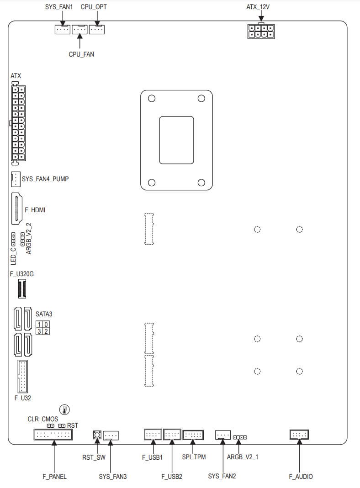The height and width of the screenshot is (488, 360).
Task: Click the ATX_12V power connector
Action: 261,31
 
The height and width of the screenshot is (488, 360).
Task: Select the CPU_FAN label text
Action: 81,54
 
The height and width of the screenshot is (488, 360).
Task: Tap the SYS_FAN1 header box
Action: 62,29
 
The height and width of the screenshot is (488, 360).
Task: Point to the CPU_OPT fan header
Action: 97,29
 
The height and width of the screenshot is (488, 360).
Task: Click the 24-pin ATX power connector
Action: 18,123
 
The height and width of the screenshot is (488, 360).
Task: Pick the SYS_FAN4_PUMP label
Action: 45,179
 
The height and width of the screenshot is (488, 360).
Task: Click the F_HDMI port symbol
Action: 17,209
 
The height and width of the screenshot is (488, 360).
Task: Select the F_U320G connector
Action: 22,289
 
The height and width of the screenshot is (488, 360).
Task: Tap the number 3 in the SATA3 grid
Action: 39,331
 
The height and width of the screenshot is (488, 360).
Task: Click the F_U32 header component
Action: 22,376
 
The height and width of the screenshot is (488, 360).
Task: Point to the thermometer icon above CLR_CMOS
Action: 64,409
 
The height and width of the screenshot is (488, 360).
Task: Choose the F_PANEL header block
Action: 53,435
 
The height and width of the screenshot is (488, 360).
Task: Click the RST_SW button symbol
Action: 97,435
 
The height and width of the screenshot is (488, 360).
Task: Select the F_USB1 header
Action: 153,434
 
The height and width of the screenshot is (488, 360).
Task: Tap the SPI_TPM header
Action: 193,435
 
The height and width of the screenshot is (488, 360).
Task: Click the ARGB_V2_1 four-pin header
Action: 240,437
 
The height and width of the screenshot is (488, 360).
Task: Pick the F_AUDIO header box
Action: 299,435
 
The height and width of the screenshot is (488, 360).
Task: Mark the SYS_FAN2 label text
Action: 222,476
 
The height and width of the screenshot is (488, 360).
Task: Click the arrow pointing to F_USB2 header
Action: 172,455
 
